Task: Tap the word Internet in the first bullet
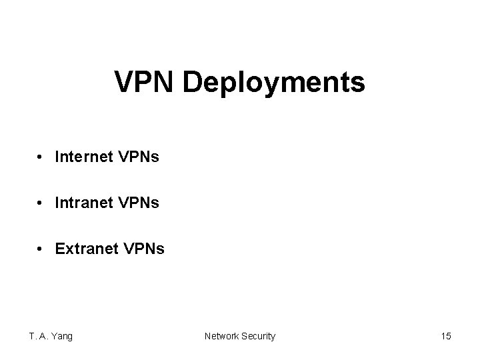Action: (x=83, y=157)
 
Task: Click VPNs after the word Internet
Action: (x=138, y=157)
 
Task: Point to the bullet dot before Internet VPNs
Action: (x=41, y=158)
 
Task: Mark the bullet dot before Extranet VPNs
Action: (x=41, y=249)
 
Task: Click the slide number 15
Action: (x=446, y=336)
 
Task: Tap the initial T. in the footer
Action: (x=32, y=336)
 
